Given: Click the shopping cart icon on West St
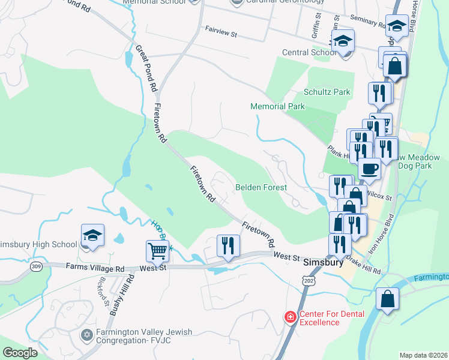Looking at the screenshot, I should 157,250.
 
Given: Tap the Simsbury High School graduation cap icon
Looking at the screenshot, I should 93,236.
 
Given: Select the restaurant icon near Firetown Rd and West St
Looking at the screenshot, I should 228,245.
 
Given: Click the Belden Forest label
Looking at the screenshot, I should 261,187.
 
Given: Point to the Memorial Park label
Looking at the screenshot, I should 277,106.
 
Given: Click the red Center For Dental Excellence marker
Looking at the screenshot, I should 290,316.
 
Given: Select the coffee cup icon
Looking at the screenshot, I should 369,169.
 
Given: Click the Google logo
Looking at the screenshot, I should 20,352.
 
